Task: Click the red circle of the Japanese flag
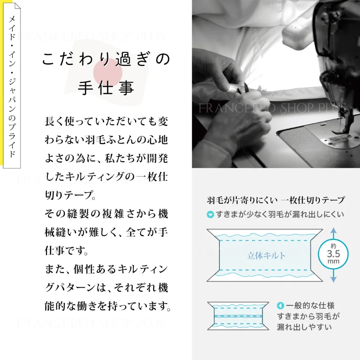click(x=108, y=72)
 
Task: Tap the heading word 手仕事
click(x=106, y=88)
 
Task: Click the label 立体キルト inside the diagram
click(x=266, y=255)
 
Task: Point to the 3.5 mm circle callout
click(x=333, y=254)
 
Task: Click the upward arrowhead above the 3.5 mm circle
click(x=333, y=231)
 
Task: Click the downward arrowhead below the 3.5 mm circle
click(x=333, y=279)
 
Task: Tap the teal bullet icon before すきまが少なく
click(x=210, y=215)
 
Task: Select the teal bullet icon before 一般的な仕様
click(x=280, y=306)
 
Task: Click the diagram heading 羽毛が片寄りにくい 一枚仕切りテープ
click(x=276, y=200)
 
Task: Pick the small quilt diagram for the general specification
click(x=238, y=316)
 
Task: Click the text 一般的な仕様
click(x=310, y=306)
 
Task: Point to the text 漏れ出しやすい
click(x=304, y=327)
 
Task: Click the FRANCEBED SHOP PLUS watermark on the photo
click(x=272, y=108)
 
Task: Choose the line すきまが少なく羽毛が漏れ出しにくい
click(x=280, y=215)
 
